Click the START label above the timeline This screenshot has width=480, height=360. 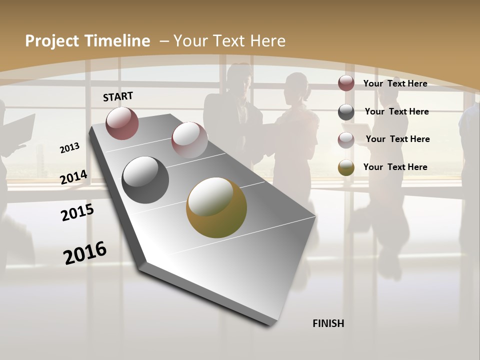click(x=118, y=96)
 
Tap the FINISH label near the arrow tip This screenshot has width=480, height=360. click(x=328, y=323)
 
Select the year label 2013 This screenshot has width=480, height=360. click(x=69, y=147)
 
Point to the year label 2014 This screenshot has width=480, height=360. click(x=73, y=177)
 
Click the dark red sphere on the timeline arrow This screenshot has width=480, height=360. click(x=122, y=123)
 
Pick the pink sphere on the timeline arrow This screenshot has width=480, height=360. click(x=189, y=140)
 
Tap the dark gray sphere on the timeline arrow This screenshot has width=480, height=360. click(x=145, y=180)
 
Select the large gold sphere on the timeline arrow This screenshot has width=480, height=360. click(x=216, y=207)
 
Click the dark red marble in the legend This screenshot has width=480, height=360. click(x=346, y=83)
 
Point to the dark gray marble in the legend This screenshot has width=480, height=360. click(x=346, y=111)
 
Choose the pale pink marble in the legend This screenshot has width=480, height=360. click(x=346, y=139)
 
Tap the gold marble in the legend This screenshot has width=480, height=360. click(x=346, y=167)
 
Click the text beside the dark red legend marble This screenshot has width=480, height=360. click(x=395, y=83)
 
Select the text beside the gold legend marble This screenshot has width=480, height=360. click(x=395, y=167)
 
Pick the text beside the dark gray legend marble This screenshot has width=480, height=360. click(x=396, y=111)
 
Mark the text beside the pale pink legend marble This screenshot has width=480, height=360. click(x=397, y=139)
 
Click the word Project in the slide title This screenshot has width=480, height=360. click(x=52, y=41)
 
